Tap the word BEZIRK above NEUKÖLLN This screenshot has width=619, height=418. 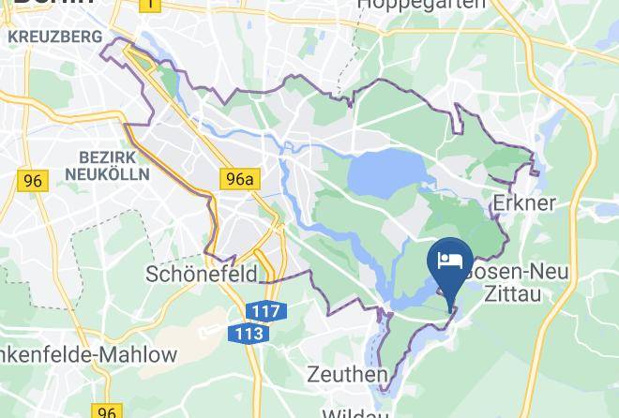click(x=109, y=157)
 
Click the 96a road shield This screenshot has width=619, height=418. click(x=238, y=178)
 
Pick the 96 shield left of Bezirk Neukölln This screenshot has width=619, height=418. click(x=33, y=181)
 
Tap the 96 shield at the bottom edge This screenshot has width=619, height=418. click(x=106, y=411)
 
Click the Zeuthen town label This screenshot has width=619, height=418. click(x=347, y=375)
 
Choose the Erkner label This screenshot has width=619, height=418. click(x=524, y=202)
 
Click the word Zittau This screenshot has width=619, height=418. click(x=515, y=293)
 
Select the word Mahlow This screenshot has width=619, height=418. click(x=140, y=354)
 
